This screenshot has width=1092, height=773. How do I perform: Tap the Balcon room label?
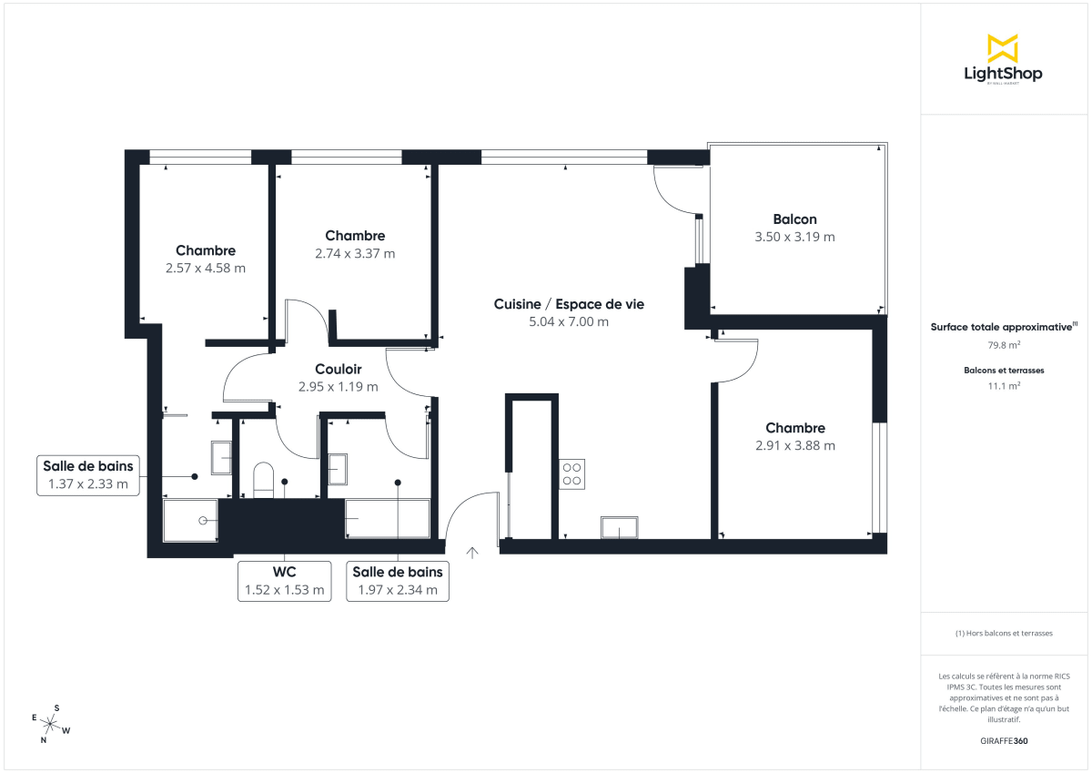[x=794, y=219]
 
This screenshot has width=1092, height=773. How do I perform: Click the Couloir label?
[x=338, y=370]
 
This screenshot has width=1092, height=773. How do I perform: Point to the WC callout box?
[x=284, y=581]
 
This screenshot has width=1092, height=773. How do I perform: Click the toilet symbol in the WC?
[x=263, y=479]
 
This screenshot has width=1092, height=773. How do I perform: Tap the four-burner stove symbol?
[x=573, y=473]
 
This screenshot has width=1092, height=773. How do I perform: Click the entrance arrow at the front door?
[x=472, y=552]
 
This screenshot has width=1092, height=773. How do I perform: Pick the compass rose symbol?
[x=51, y=725]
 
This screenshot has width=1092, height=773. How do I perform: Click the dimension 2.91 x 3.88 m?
[x=794, y=446]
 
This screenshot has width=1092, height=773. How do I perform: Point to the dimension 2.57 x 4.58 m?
[x=206, y=269]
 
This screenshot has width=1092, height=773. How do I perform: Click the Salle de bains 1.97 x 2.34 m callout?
[x=398, y=581]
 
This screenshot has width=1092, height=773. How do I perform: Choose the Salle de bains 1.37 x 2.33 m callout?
[x=88, y=475]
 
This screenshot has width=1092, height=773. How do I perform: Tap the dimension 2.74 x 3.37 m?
[x=355, y=254]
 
